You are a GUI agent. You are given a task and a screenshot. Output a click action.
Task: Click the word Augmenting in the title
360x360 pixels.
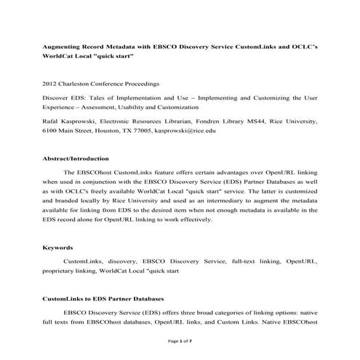coord(63,46)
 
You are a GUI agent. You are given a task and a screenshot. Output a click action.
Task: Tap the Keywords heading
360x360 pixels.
coord(57,248)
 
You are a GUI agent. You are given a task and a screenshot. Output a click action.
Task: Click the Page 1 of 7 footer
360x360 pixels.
coord(180,340)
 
